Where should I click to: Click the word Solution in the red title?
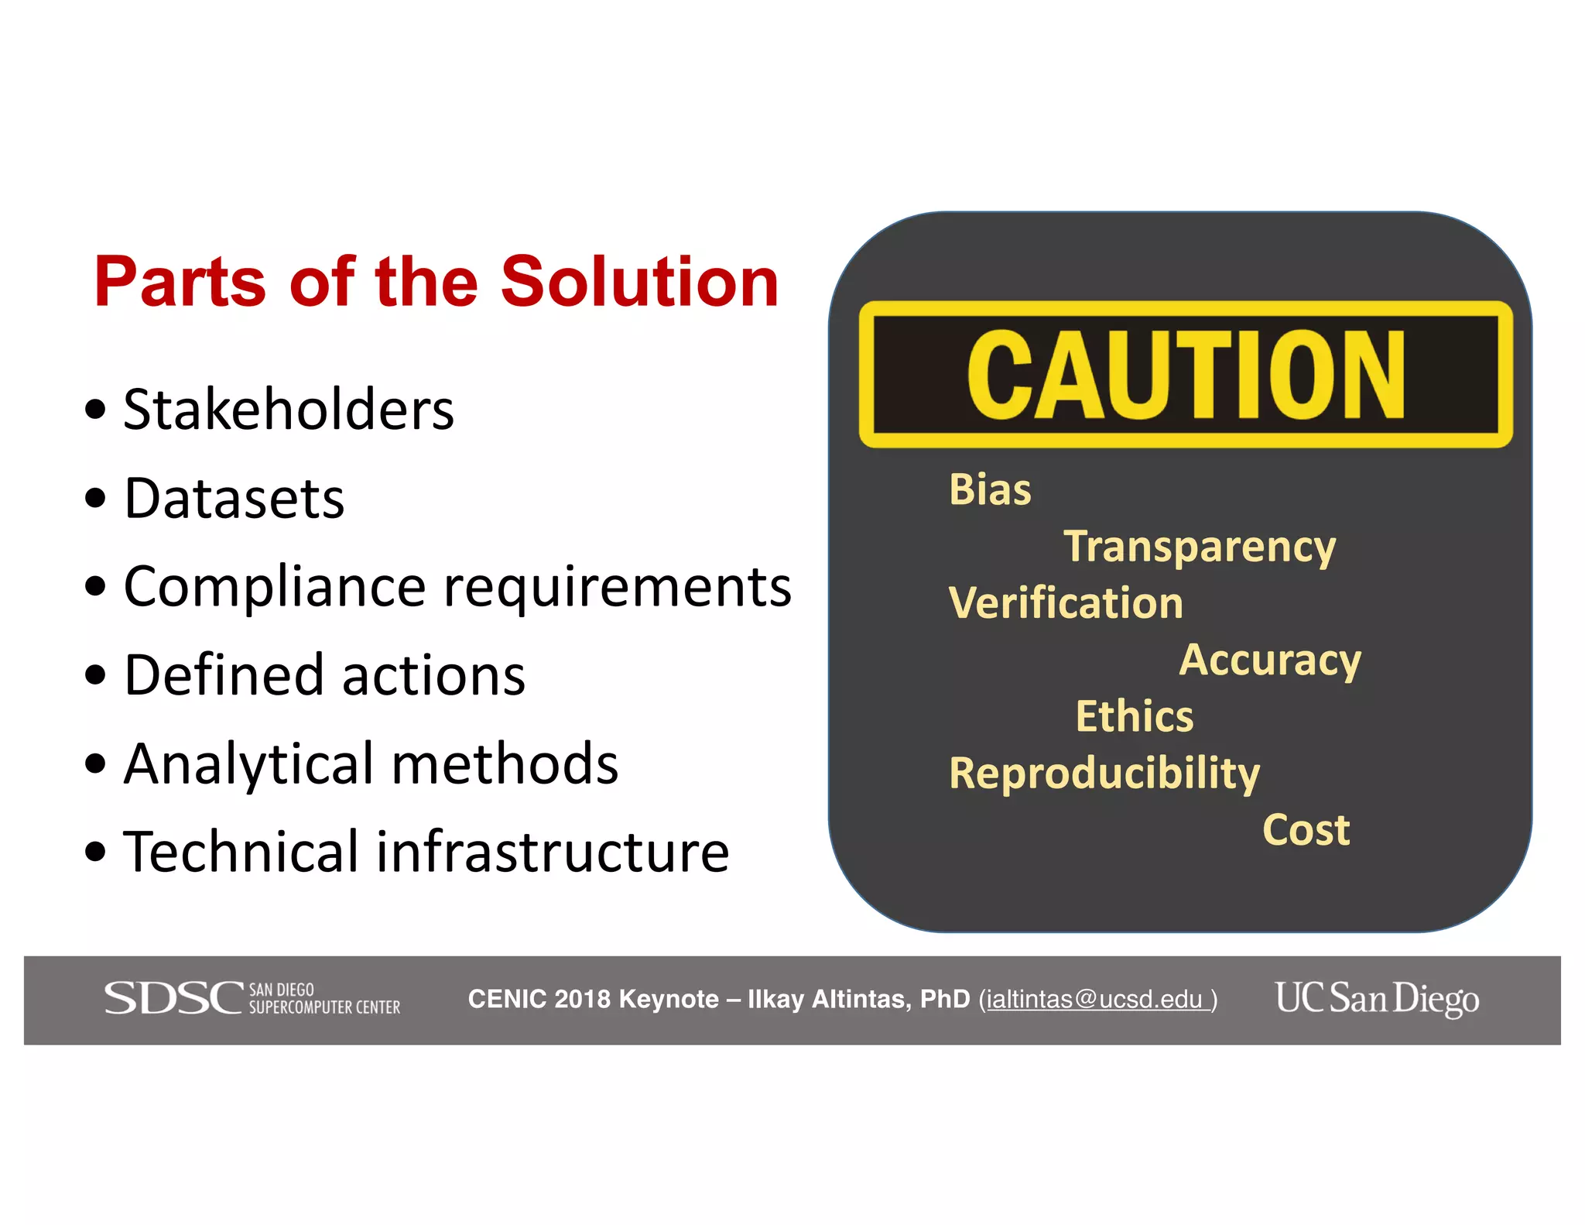point(639,282)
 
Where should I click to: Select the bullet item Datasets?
point(234,498)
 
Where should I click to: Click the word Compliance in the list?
point(275,587)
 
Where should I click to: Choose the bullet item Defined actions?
point(324,675)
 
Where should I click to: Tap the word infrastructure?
point(553,852)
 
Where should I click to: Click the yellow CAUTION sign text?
point(1185,375)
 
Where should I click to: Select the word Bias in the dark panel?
point(990,490)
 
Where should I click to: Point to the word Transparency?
point(1199,547)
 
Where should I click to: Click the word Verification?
point(1066,603)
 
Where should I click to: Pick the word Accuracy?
point(1269,661)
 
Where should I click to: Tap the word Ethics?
point(1134,716)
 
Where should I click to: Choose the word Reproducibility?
point(1104,774)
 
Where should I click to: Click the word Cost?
point(1306,830)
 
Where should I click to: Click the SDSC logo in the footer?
point(252,998)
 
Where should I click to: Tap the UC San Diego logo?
point(1377,998)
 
